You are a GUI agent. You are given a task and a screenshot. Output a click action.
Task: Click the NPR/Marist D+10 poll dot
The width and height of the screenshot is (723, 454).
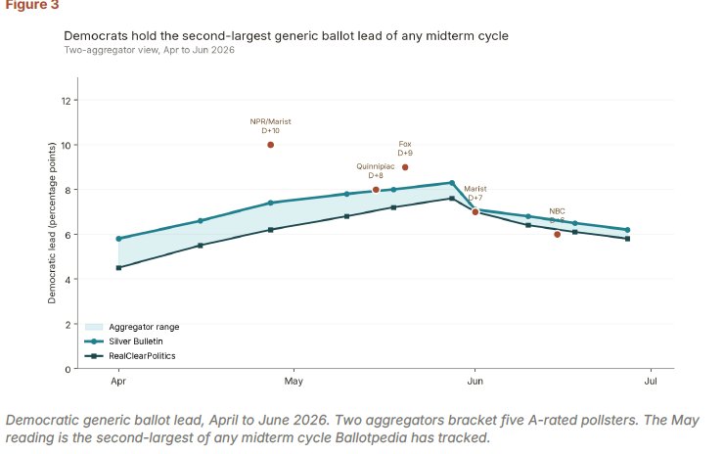tap(271, 145)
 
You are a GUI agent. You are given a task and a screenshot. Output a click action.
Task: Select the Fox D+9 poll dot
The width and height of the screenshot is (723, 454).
tap(405, 167)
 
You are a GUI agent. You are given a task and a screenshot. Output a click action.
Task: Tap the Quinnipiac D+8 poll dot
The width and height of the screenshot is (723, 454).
tap(376, 190)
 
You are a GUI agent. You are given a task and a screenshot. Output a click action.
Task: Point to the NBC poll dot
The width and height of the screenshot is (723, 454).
tap(557, 235)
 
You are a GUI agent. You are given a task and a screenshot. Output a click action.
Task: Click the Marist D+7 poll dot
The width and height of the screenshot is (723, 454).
tap(474, 212)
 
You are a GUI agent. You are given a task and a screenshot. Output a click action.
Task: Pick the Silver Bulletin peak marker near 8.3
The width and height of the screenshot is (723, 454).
tap(452, 183)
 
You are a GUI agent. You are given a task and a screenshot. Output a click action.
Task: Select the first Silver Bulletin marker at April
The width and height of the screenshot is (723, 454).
tap(119, 239)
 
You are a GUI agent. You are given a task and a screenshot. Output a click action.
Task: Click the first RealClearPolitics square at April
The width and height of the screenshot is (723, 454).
tap(119, 268)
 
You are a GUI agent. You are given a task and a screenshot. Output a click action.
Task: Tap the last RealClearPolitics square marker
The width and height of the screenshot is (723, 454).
tap(627, 239)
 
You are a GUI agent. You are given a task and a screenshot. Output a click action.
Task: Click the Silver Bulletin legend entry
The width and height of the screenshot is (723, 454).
tap(124, 341)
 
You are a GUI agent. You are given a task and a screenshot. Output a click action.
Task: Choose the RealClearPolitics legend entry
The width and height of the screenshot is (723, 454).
tap(130, 356)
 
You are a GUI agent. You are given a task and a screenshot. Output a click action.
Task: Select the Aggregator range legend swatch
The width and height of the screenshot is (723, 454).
tap(94, 327)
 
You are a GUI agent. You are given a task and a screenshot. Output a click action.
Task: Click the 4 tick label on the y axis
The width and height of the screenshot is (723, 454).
tap(68, 279)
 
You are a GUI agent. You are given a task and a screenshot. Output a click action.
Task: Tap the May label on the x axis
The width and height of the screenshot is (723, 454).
tap(294, 382)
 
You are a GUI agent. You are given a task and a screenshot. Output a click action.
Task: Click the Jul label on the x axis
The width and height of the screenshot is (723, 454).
tap(651, 382)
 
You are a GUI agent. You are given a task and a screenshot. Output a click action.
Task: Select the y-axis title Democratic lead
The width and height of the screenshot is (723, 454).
tap(52, 223)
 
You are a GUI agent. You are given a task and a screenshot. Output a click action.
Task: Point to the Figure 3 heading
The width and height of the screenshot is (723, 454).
tap(32, 5)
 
